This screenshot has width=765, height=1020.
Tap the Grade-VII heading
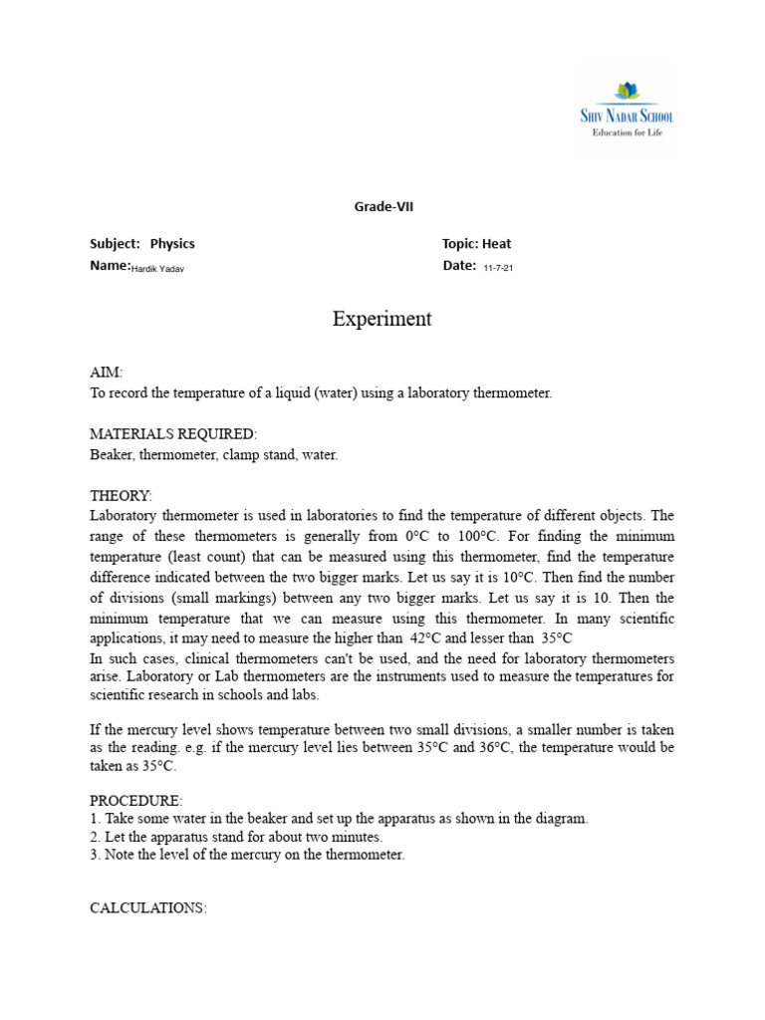pyautogui.click(x=383, y=207)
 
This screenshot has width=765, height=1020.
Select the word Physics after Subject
pyautogui.click(x=172, y=244)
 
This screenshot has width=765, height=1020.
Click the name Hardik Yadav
pyautogui.click(x=157, y=269)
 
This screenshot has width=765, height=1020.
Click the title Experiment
pyautogui.click(x=382, y=320)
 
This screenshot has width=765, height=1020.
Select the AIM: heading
pyautogui.click(x=107, y=373)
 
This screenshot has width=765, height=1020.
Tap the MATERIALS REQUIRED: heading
pyautogui.click(x=173, y=434)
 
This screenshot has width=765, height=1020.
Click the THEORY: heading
pyautogui.click(x=121, y=495)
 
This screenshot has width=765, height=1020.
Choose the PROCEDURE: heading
pyautogui.click(x=136, y=800)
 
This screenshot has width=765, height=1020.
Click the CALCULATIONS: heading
pyautogui.click(x=148, y=908)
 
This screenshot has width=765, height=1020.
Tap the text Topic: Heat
pyautogui.click(x=476, y=244)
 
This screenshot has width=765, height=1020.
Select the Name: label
pyautogui.click(x=110, y=266)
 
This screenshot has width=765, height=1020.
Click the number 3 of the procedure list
pyautogui.click(x=94, y=856)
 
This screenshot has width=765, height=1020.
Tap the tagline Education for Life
pyautogui.click(x=627, y=132)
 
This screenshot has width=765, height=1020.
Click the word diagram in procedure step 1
pyautogui.click(x=563, y=819)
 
